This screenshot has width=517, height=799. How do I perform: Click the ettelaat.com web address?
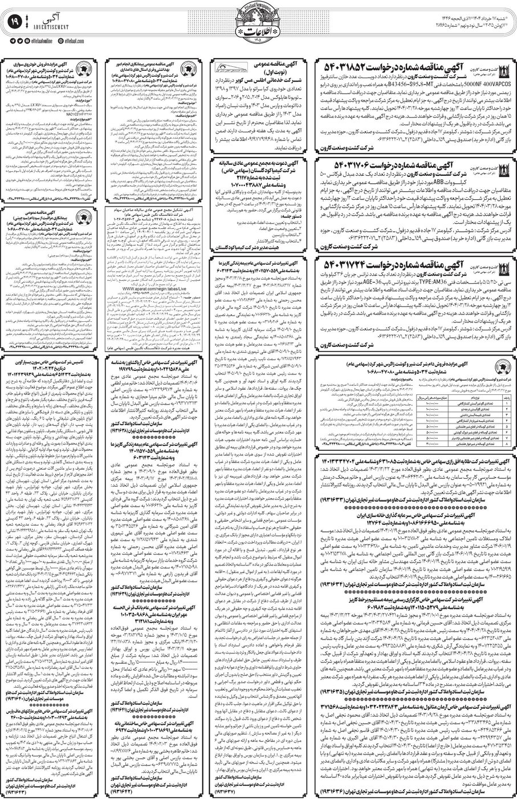[x=88, y=41]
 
